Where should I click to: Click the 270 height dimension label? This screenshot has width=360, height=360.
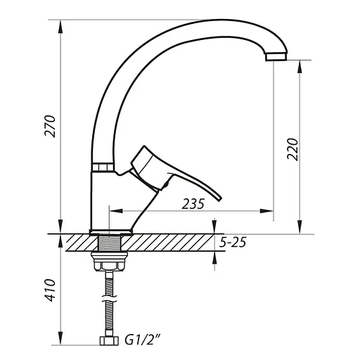coord(50,127)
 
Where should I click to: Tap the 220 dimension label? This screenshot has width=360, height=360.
coord(292,149)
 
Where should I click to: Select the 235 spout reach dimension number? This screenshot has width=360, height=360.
coord(193,204)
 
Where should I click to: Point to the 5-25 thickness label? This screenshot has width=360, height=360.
coord(233,242)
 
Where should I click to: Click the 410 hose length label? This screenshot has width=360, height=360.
coord(50,290)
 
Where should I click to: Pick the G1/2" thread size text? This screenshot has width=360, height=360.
coord(143,340)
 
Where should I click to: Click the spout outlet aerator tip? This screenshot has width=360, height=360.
coord(276,56)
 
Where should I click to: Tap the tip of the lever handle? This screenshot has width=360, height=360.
coord(220,200)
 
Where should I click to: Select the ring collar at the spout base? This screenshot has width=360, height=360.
coord(103,167)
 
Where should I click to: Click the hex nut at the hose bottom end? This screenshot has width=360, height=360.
coord(109,341)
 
